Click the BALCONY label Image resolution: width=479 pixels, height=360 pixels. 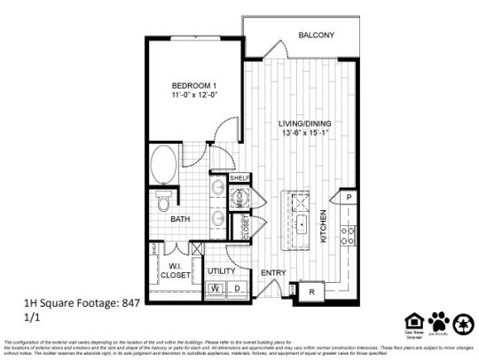316,35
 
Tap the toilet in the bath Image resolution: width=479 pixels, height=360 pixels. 162,201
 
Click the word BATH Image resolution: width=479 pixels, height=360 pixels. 181,219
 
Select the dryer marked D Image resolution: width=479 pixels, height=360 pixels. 238,289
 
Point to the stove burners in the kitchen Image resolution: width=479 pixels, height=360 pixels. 349,235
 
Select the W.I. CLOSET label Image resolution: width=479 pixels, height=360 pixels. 178,270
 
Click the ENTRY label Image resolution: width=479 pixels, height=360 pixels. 271,272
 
